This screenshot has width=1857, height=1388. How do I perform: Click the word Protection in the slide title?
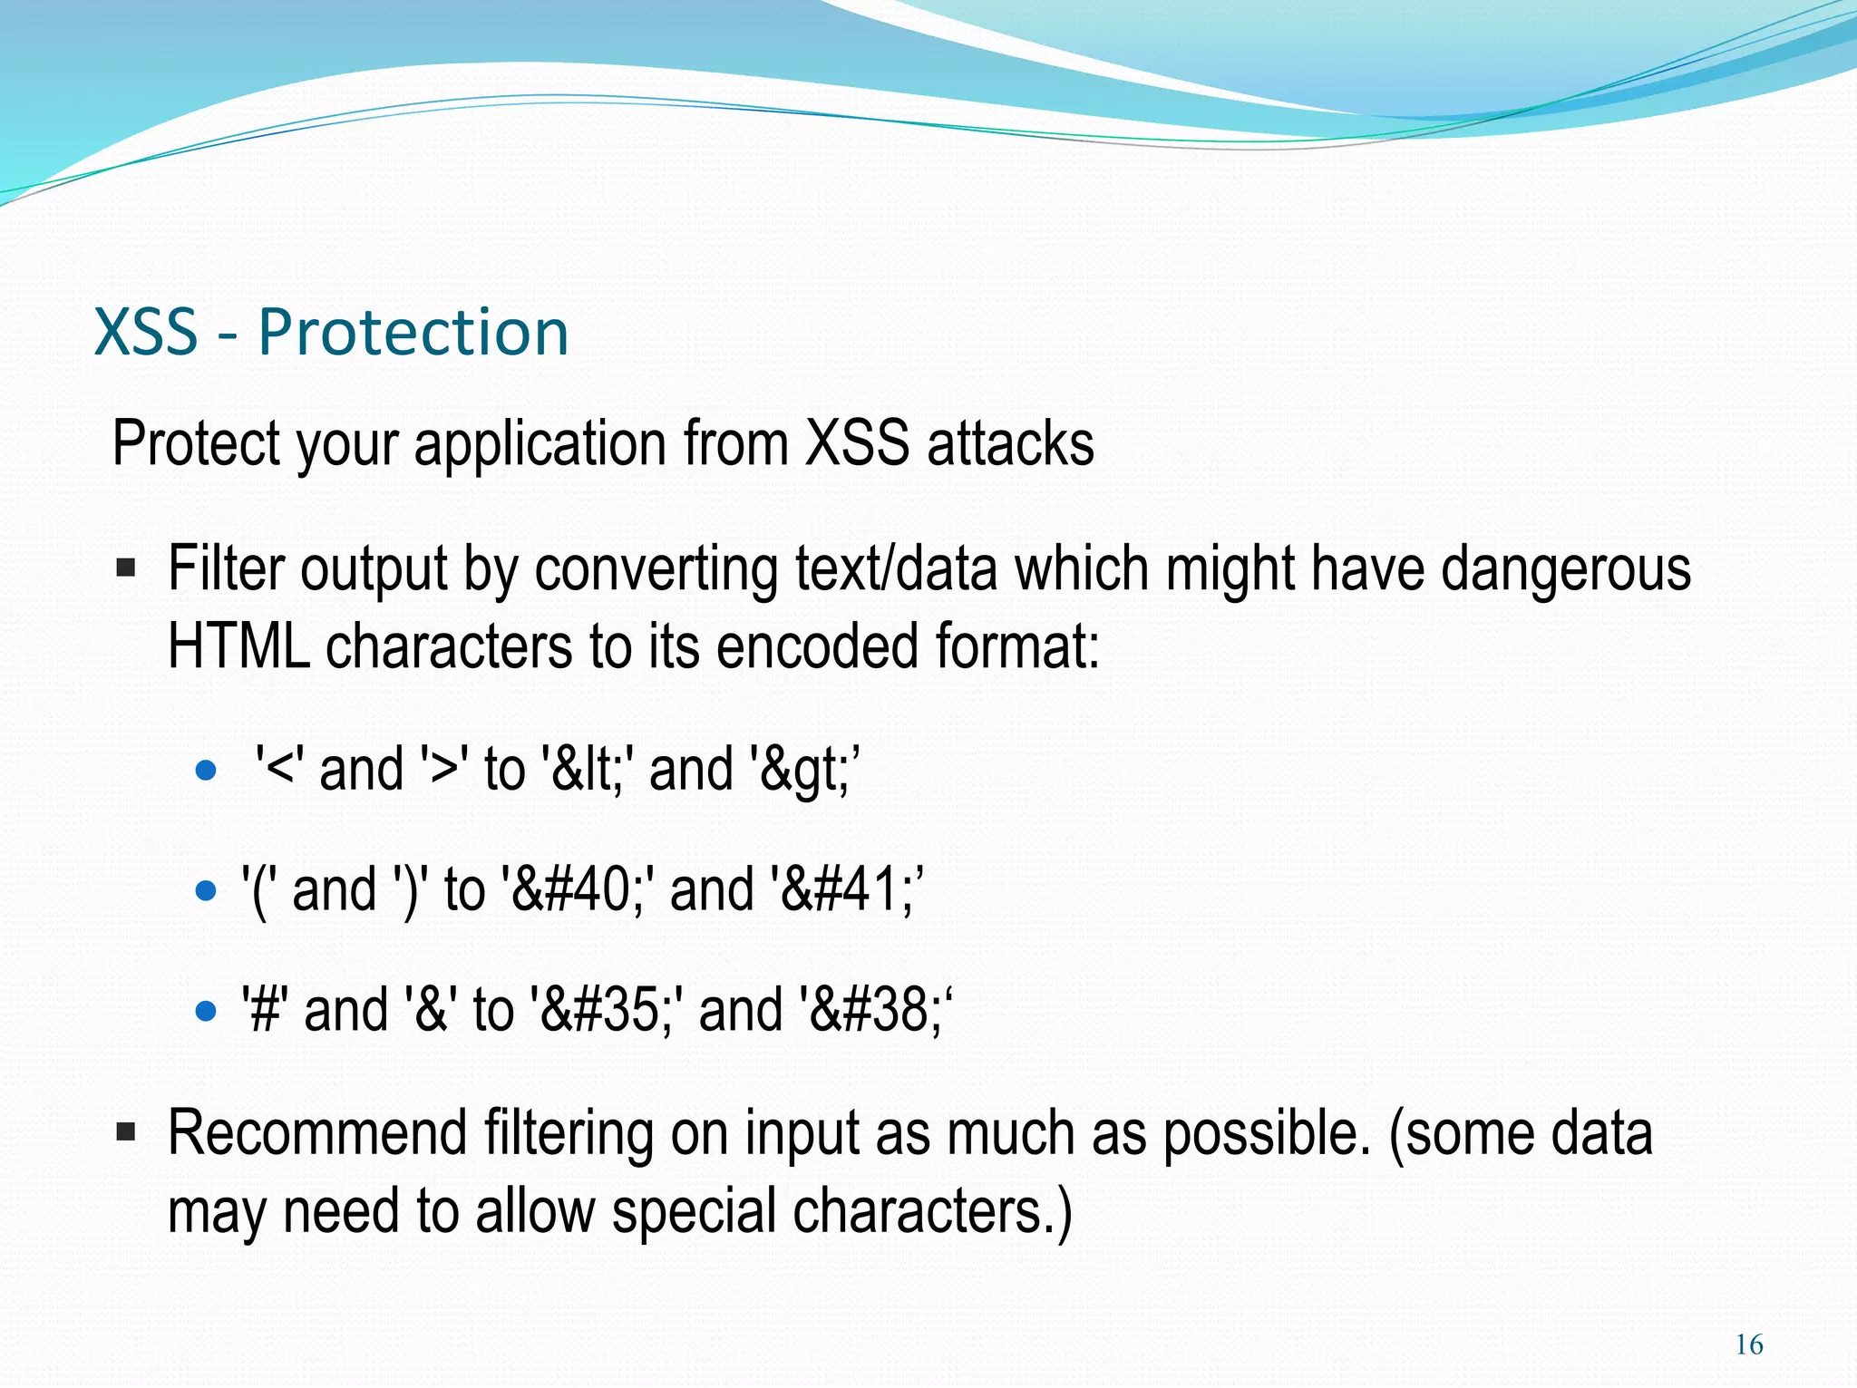point(413,332)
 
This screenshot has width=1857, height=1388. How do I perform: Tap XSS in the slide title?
point(146,332)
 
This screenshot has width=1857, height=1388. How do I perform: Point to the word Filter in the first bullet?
point(227,569)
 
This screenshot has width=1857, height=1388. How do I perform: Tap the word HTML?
point(238,646)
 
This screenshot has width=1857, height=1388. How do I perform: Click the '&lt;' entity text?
point(585,770)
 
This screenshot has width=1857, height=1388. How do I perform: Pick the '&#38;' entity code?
point(876,1010)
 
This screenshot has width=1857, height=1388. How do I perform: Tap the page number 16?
point(1749,1344)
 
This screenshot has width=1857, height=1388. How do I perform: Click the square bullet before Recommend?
point(126,1132)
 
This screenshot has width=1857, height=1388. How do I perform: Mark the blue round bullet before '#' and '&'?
point(207,1011)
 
